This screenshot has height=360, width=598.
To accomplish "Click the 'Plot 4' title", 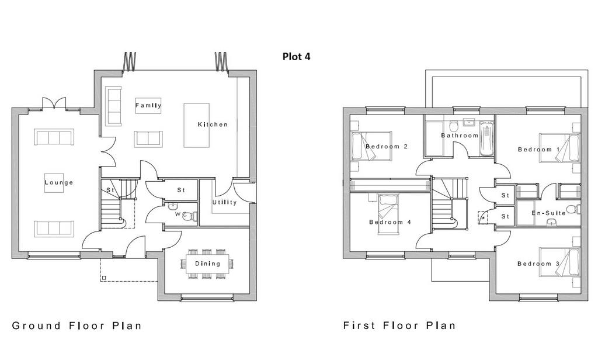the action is point(296,57).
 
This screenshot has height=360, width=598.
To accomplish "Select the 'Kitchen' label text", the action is point(213,124).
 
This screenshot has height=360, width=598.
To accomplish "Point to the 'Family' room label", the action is point(148,105).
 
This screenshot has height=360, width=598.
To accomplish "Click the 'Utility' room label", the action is point(225,202).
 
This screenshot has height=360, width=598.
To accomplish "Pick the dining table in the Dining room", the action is point(208,264).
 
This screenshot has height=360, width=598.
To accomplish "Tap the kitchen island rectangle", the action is point(196,125).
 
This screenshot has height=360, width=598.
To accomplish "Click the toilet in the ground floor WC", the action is point(189,216).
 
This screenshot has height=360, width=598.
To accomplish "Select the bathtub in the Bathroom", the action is point(486,139).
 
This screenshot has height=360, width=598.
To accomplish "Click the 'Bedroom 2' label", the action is point(387,146).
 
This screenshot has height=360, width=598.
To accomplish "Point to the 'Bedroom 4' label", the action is point(390,222).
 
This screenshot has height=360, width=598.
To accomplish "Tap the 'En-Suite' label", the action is point(548,213).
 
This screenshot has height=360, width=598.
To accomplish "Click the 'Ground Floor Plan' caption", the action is point(77,326).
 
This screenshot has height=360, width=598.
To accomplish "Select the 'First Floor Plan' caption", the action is point(399,326).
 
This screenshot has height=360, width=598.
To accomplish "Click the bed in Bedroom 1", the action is point(559,150).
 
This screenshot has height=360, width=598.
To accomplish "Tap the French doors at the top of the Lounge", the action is point(54,103).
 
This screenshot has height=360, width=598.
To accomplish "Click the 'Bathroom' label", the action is point(460,136).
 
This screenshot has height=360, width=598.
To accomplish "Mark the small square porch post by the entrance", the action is point(103,278).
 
